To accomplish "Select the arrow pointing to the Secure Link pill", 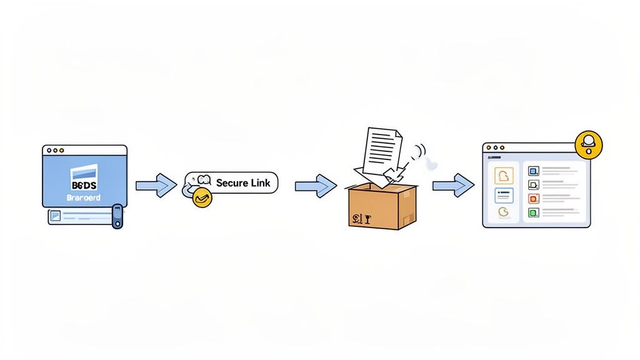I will click(156, 185).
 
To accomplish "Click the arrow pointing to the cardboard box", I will click(316, 185).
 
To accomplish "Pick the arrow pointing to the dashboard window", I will click(453, 185).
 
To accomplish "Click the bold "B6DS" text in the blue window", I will click(84, 186).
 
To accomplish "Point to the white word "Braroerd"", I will click(83, 197).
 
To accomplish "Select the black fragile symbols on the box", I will click(359, 218).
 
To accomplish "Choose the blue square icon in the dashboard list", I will click(533, 170).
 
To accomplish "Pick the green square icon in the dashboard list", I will click(533, 212).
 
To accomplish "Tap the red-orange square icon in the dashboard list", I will click(533, 199).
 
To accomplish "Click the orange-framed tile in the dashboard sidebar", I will click(504, 176).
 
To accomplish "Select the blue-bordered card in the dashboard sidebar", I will click(504, 196).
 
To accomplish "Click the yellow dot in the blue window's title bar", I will click(55, 151).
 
